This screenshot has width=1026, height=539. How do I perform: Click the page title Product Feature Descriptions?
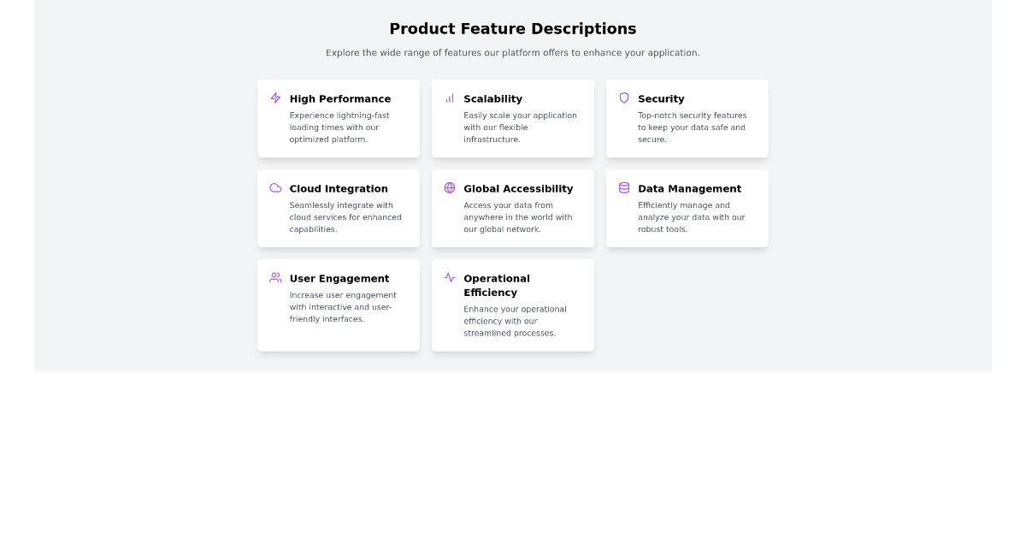(x=512, y=29)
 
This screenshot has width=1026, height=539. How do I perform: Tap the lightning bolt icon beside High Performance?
(x=275, y=98)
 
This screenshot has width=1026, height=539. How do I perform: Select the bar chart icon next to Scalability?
(x=450, y=98)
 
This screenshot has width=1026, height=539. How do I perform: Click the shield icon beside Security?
(x=624, y=98)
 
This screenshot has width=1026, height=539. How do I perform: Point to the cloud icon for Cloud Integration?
(x=275, y=188)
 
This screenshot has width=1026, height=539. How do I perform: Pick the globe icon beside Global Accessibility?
(x=450, y=188)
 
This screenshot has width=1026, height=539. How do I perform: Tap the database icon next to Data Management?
(x=624, y=188)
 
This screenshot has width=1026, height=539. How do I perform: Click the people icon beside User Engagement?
(x=275, y=278)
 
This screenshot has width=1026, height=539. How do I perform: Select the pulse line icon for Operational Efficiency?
(x=450, y=278)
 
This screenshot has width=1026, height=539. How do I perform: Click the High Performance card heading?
(x=339, y=99)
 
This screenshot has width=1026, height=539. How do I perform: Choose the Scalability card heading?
(x=492, y=99)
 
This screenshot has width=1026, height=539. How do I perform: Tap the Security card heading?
(x=661, y=99)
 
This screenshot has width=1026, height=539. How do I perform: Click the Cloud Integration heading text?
(x=339, y=189)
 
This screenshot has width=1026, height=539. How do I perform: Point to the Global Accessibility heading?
(x=518, y=189)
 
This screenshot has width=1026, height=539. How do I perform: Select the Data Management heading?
(x=689, y=189)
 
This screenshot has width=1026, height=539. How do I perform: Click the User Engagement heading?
(x=339, y=279)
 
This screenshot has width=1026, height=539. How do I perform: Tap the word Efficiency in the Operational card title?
(x=490, y=293)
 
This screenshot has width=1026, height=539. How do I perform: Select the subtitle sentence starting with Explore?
(x=512, y=53)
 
